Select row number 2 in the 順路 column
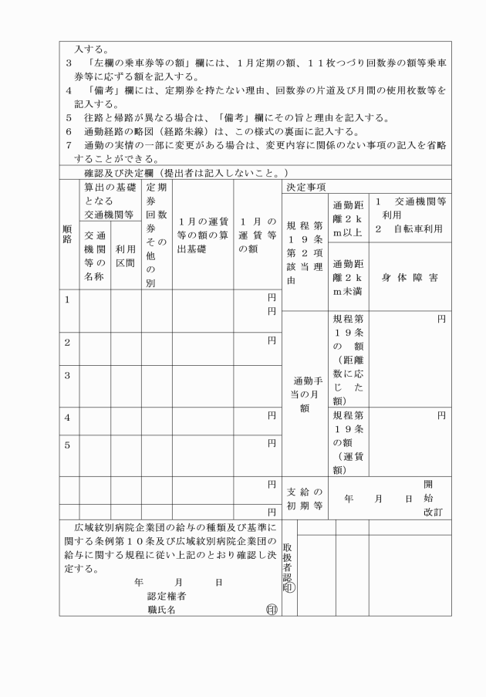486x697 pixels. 69,341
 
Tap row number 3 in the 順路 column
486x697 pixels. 69,375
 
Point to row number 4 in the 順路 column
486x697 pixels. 69,418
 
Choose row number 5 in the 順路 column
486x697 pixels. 69,445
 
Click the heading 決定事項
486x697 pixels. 305,188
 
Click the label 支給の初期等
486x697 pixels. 305,499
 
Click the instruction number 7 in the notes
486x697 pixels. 68,144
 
